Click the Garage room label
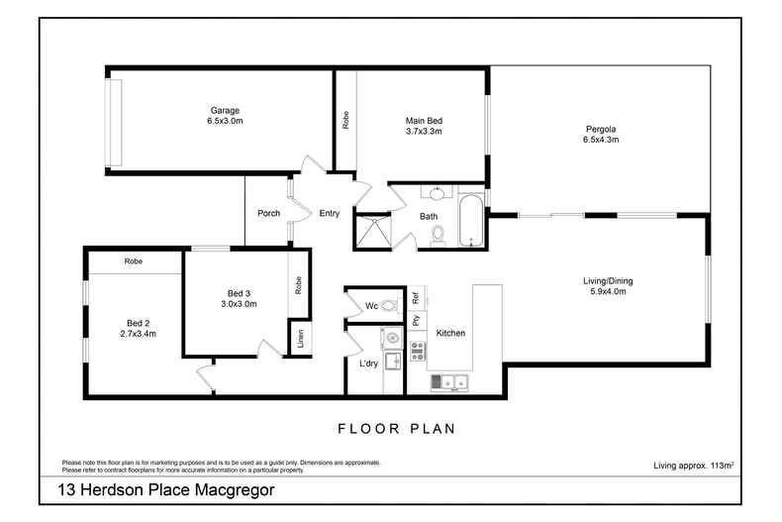(225, 110)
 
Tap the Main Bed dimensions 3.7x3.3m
(423, 132)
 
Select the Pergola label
(600, 129)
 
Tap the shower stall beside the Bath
(373, 231)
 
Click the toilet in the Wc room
(388, 305)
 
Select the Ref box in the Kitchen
(417, 296)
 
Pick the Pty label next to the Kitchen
(417, 320)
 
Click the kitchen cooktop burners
(417, 350)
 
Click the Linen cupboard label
(299, 337)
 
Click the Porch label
(268, 213)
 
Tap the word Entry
(330, 213)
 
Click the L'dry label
(368, 364)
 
